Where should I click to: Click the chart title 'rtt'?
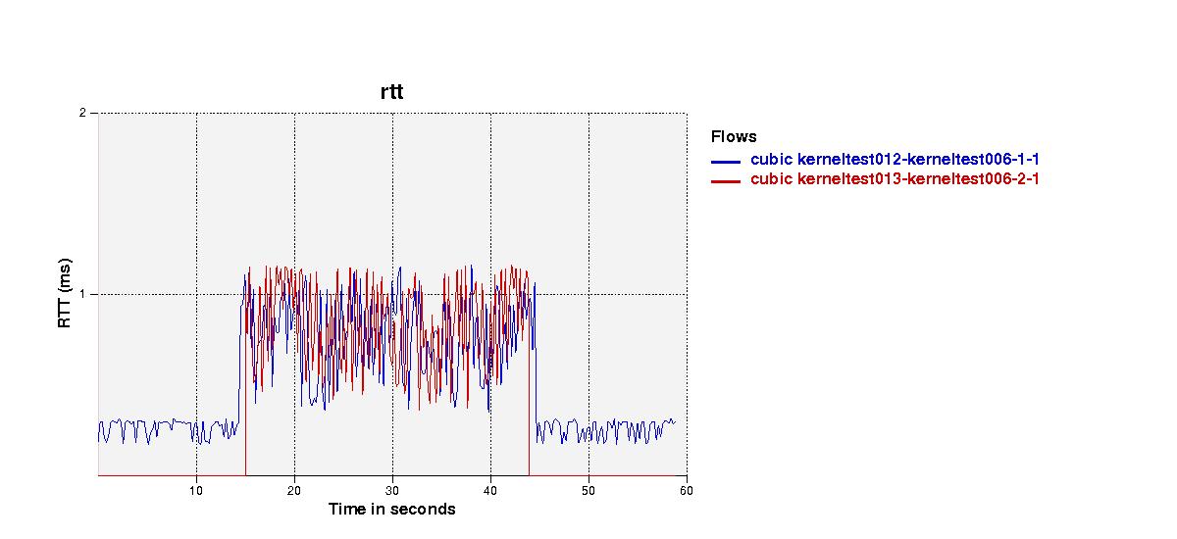click(392, 92)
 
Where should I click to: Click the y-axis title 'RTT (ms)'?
click(64, 293)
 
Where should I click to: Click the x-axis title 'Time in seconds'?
click(392, 509)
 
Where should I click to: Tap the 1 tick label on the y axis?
click(82, 294)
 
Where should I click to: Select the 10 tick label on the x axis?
click(196, 491)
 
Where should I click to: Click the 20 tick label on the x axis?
click(294, 491)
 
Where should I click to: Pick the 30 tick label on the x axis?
click(392, 491)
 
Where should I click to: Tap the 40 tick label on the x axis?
click(490, 491)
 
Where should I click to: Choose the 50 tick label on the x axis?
click(588, 491)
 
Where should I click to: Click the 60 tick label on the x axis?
click(687, 491)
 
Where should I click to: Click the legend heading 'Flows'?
click(734, 137)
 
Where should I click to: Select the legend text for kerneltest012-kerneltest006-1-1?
click(918, 159)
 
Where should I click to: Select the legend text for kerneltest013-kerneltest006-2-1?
click(918, 179)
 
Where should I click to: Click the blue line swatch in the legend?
click(726, 162)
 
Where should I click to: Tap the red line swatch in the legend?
click(726, 181)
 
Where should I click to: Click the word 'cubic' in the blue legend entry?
click(771, 159)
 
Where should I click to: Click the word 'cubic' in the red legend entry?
click(771, 179)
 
